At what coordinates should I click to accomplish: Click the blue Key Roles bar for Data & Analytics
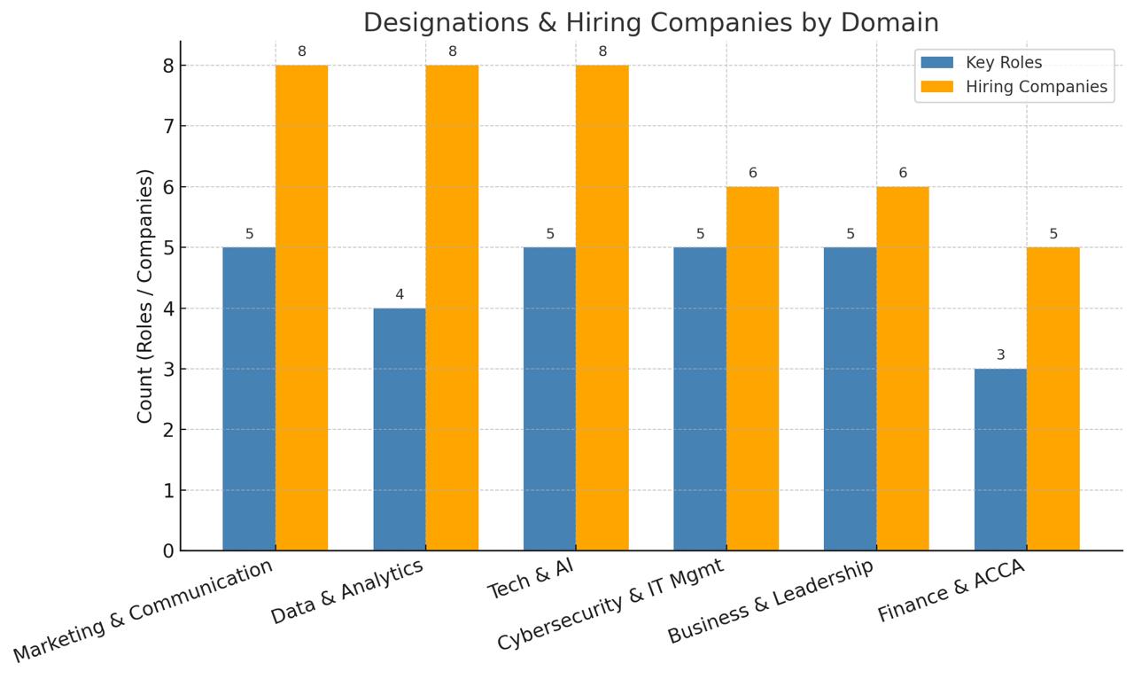399,429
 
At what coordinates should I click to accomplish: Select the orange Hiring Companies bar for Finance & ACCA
1053,399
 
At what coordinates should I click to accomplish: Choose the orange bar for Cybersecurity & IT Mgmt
752,369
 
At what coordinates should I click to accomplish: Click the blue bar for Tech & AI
549,399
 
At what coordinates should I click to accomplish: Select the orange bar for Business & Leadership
903,369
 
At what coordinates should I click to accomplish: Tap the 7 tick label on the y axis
168,126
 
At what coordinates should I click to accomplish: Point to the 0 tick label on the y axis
168,551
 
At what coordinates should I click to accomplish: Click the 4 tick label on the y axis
168,308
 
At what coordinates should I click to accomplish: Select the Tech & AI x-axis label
531,580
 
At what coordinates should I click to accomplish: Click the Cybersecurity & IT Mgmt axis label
610,605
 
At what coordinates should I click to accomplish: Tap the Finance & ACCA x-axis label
951,590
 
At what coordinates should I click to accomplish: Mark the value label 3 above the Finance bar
1000,355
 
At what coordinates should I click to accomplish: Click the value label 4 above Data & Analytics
399,294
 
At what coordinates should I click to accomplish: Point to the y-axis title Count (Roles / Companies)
145,296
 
